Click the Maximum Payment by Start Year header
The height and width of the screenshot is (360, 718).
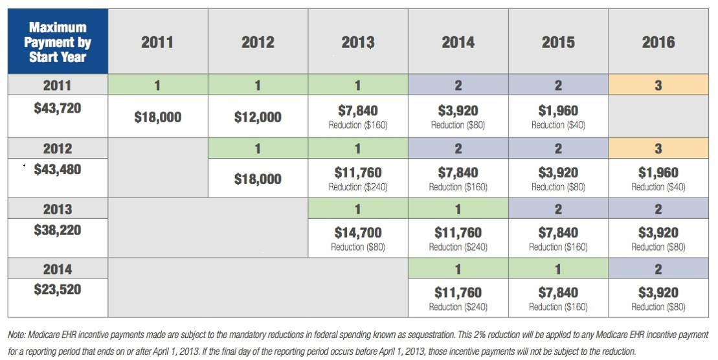[x=58, y=42]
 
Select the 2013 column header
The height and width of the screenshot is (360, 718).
[x=358, y=43]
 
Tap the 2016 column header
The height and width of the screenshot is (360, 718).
[x=658, y=43]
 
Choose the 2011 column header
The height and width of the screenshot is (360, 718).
[x=157, y=43]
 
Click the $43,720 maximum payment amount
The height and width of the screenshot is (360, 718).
[x=58, y=108]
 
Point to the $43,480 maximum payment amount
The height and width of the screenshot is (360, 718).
[x=58, y=169]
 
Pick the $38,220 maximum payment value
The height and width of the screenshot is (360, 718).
[x=58, y=229]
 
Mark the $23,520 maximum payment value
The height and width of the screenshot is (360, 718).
[x=58, y=289]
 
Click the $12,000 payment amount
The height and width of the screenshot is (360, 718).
[x=258, y=117]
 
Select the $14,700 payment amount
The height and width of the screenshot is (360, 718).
[x=358, y=232]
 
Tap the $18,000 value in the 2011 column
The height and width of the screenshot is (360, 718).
[x=157, y=117]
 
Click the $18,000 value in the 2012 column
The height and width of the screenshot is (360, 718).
[x=258, y=179]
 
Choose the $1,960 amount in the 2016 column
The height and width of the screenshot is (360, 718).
[x=658, y=173]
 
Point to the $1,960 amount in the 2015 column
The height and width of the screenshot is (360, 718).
[x=558, y=111]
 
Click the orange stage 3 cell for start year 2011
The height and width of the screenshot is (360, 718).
[x=658, y=85]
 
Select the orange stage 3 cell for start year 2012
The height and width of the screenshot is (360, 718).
[x=658, y=148]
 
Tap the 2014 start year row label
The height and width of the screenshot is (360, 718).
[x=58, y=269]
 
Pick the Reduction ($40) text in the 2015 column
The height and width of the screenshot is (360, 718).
[x=558, y=126]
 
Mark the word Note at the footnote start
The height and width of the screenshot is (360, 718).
[x=17, y=335]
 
